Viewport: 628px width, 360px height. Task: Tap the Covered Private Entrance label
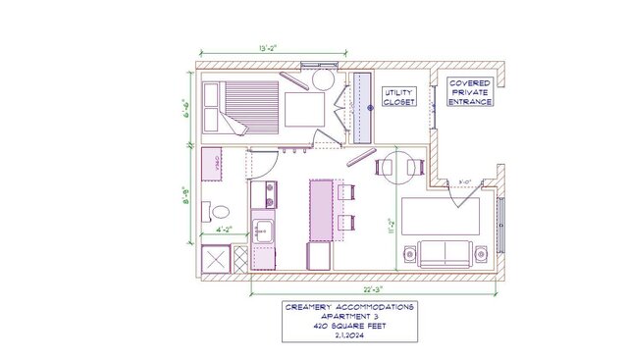coord(470,92)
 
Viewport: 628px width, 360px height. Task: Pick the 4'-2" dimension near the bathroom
coord(224,232)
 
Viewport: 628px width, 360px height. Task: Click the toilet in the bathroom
coord(218,211)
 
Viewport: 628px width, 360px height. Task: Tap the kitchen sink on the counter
coord(262,231)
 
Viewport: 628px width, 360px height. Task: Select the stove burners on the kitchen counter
coord(261,194)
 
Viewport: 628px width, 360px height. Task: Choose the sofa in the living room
coord(445,253)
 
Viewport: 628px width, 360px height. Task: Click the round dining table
coord(399,166)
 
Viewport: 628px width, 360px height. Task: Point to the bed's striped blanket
coord(250,104)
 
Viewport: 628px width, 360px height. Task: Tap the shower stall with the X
coord(214,260)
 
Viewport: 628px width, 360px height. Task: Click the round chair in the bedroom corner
coord(322,77)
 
